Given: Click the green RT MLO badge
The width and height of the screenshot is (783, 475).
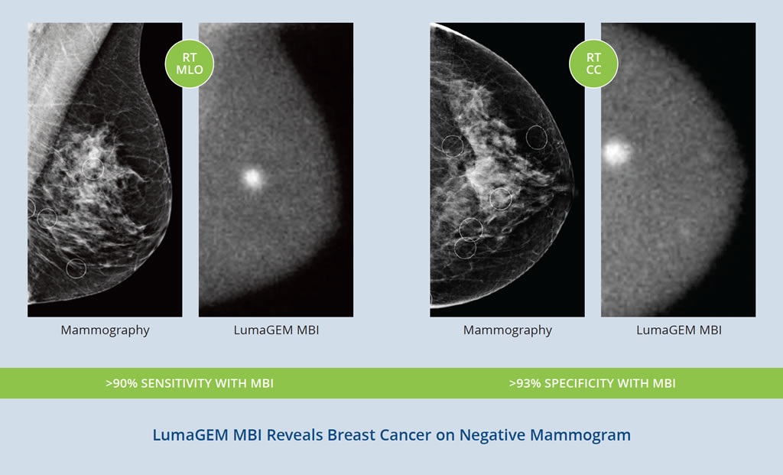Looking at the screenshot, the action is click(x=190, y=64).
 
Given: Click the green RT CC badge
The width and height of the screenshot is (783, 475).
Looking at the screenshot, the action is click(x=593, y=64).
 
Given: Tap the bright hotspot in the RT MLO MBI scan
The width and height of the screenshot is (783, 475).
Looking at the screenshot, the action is click(x=252, y=177).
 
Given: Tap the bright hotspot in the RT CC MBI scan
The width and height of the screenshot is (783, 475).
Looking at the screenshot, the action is click(x=616, y=152).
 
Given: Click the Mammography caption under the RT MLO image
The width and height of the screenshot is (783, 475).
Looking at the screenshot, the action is click(x=106, y=330).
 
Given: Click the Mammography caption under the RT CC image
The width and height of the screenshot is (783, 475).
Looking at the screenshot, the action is click(x=508, y=330).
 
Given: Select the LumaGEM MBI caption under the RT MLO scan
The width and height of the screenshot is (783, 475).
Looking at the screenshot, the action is click(x=276, y=330).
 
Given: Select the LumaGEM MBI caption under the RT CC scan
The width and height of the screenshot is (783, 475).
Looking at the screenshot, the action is click(x=679, y=330).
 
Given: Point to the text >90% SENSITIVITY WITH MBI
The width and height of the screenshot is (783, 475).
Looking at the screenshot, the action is click(x=190, y=383).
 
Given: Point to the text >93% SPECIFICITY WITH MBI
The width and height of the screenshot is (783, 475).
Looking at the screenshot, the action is click(x=593, y=383).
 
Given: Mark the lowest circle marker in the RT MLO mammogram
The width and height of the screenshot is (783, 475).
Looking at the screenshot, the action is click(x=76, y=268).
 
